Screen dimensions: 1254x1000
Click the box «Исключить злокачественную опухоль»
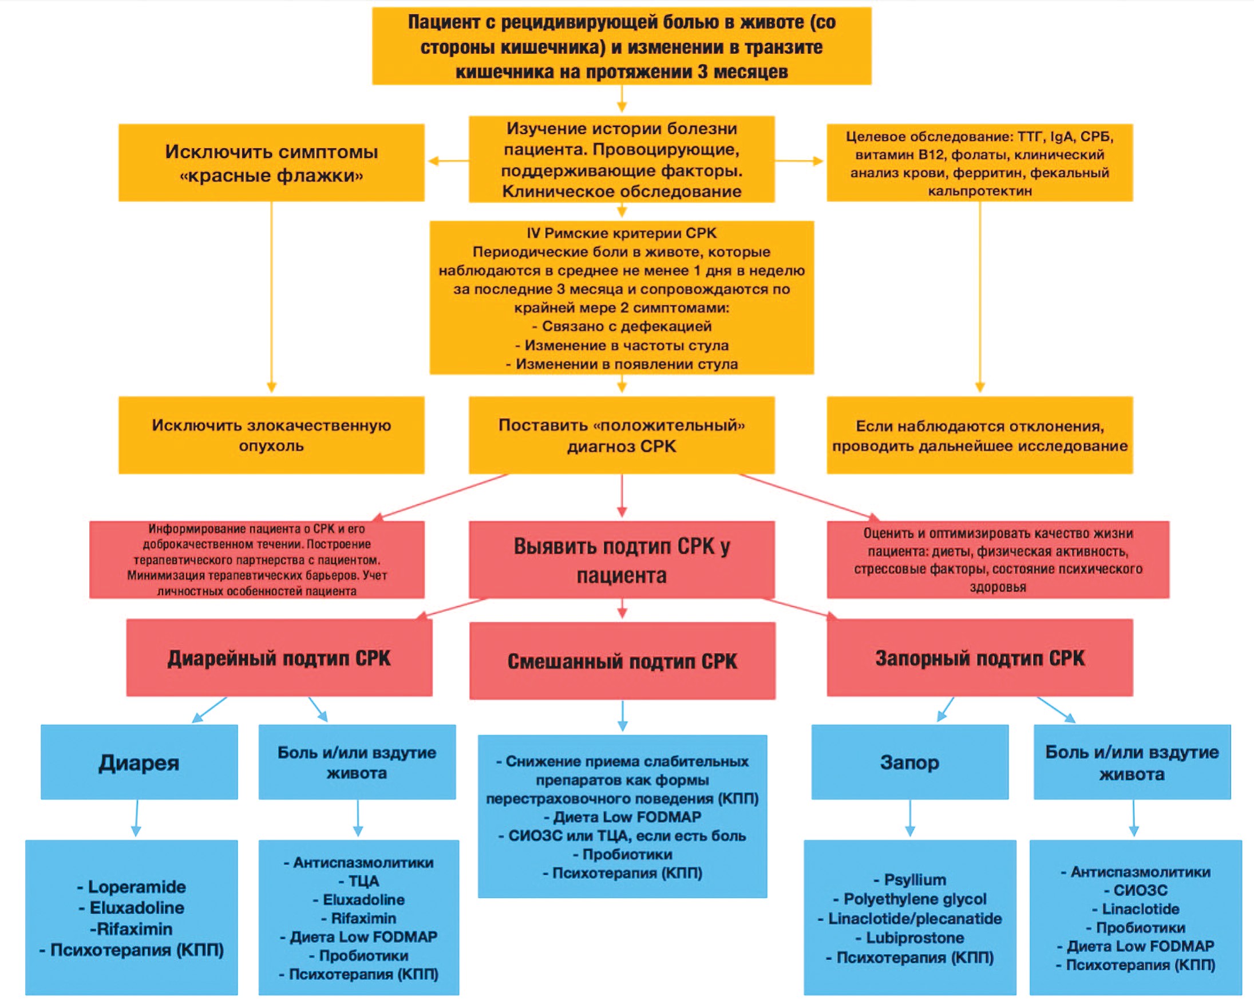click(x=271, y=435)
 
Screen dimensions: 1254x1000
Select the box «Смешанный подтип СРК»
click(x=622, y=661)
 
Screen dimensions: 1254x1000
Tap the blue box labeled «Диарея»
click(x=139, y=762)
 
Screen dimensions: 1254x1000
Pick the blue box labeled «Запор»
click(x=909, y=762)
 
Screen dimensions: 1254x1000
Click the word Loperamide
click(x=137, y=887)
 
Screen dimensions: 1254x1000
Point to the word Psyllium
click(x=915, y=880)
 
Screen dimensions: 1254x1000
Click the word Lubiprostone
click(x=915, y=938)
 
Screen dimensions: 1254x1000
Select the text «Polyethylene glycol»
click(x=915, y=899)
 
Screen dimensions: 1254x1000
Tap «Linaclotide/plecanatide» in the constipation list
click(x=915, y=919)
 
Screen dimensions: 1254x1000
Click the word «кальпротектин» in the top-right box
click(x=979, y=191)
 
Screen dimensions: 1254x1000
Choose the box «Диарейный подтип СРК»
click(x=279, y=657)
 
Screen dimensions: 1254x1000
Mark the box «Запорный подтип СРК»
click(x=980, y=657)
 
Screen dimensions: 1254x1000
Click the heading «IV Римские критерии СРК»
click(x=622, y=234)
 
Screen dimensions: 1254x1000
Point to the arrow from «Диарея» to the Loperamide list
click(x=137, y=818)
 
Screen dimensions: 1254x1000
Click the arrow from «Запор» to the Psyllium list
click(x=910, y=818)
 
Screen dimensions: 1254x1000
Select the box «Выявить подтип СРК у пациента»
click(x=622, y=560)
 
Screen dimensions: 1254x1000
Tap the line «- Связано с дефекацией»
click(x=622, y=326)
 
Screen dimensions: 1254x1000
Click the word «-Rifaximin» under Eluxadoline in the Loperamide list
click(x=132, y=928)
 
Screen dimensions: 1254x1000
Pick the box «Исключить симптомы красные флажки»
click(x=271, y=163)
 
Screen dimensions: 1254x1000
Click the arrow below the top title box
click(x=622, y=98)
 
